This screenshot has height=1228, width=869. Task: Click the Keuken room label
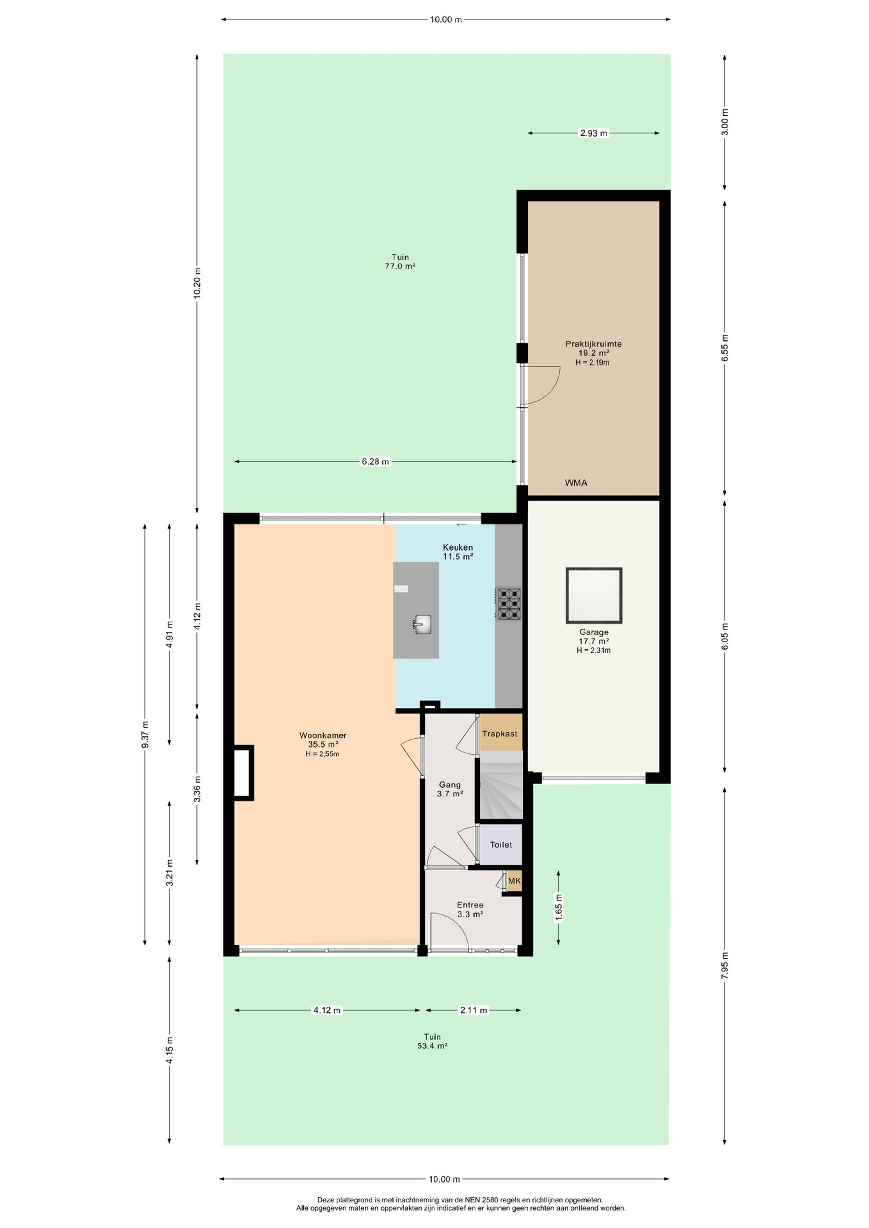pyautogui.click(x=458, y=552)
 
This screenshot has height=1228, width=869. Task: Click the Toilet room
pyautogui.click(x=501, y=845)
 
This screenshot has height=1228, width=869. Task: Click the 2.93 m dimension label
pyautogui.click(x=593, y=133)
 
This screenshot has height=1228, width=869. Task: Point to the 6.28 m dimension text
pyautogui.click(x=375, y=461)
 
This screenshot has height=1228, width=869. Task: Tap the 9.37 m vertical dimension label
pyautogui.click(x=144, y=735)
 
